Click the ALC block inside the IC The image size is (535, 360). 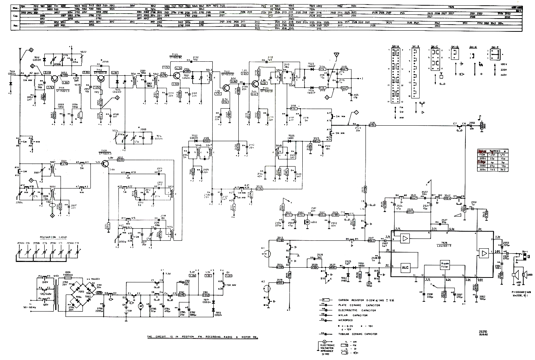405,267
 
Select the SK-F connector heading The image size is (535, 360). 494,47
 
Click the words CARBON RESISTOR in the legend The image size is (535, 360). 350,300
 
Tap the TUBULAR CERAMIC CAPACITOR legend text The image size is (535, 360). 358,334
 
